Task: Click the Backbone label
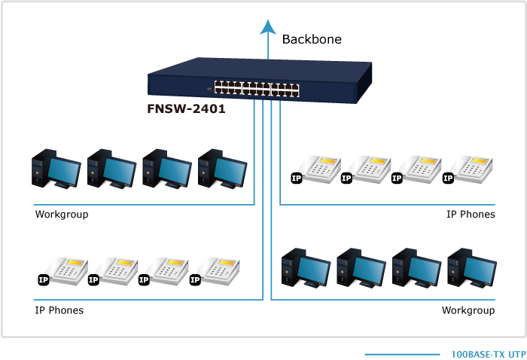(x=312, y=39)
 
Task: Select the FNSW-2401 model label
(x=186, y=108)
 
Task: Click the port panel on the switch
(x=255, y=88)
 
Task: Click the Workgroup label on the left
(x=62, y=215)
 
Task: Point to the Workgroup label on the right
(x=468, y=310)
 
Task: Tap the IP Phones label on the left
(x=59, y=310)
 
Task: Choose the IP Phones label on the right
(x=471, y=215)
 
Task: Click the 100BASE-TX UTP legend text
(x=488, y=354)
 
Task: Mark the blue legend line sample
(x=401, y=354)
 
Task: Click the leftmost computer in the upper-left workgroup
(x=55, y=169)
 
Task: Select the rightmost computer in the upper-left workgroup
(x=222, y=169)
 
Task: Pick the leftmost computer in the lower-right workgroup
(x=305, y=267)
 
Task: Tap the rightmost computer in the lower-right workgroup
(x=471, y=267)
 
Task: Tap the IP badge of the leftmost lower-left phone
(x=43, y=279)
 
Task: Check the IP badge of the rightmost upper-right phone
(x=448, y=178)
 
